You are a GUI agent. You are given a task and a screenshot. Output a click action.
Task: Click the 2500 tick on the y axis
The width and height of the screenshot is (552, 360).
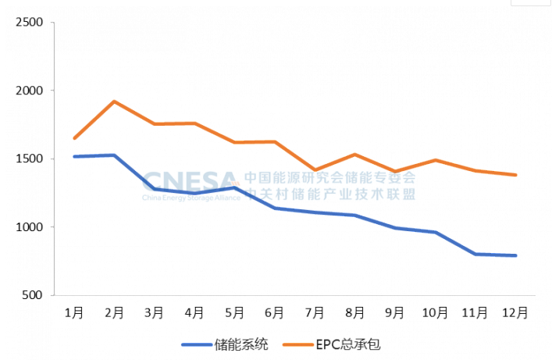coord(29,22)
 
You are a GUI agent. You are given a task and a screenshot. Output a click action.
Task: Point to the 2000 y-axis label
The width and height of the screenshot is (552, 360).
coord(29,91)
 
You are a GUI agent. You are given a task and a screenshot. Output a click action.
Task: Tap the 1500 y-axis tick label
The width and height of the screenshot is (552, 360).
coord(29,159)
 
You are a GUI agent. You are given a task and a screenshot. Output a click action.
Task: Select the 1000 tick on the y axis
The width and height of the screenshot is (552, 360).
coord(29,227)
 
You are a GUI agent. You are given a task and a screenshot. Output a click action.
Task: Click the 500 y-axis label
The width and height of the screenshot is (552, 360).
coord(32,295)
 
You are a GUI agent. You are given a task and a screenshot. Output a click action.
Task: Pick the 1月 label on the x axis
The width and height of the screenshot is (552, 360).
coord(74,312)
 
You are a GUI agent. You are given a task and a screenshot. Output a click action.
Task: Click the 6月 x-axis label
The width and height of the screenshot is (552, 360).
coord(274,312)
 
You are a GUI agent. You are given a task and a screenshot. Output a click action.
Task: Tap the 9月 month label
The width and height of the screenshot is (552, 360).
coord(394,312)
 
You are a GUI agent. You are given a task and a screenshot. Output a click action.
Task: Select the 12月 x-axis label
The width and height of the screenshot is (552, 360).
coord(515,312)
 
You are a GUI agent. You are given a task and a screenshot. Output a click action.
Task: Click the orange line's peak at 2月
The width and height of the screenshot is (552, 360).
coord(114,102)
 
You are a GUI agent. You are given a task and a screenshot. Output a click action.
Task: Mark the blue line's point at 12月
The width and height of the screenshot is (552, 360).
coord(515,255)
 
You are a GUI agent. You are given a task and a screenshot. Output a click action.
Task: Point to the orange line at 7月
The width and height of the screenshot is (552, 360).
coord(315,169)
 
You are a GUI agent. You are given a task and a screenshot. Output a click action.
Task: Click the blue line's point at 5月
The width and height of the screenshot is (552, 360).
coord(234,187)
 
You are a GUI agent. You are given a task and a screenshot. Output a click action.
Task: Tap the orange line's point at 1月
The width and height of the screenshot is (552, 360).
coord(74,138)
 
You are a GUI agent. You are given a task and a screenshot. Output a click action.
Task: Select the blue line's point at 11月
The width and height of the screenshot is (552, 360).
coord(475,254)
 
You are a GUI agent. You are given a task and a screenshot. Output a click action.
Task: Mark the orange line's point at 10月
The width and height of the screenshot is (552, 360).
coord(435,160)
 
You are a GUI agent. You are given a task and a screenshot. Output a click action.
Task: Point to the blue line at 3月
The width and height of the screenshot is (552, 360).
coord(155,188)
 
